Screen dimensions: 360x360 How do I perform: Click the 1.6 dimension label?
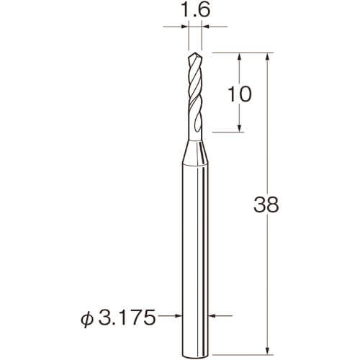(x=196, y=10)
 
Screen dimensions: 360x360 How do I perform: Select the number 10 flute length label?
(x=239, y=94)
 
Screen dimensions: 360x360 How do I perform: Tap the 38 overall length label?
(x=266, y=204)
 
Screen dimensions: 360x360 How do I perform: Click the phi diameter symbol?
(x=87, y=318)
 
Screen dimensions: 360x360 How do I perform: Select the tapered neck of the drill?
(x=194, y=153)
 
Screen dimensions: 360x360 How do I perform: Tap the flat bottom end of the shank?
(x=194, y=355)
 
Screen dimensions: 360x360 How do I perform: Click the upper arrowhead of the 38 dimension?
(x=268, y=56)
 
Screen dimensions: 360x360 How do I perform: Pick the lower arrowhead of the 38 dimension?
(x=268, y=351)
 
